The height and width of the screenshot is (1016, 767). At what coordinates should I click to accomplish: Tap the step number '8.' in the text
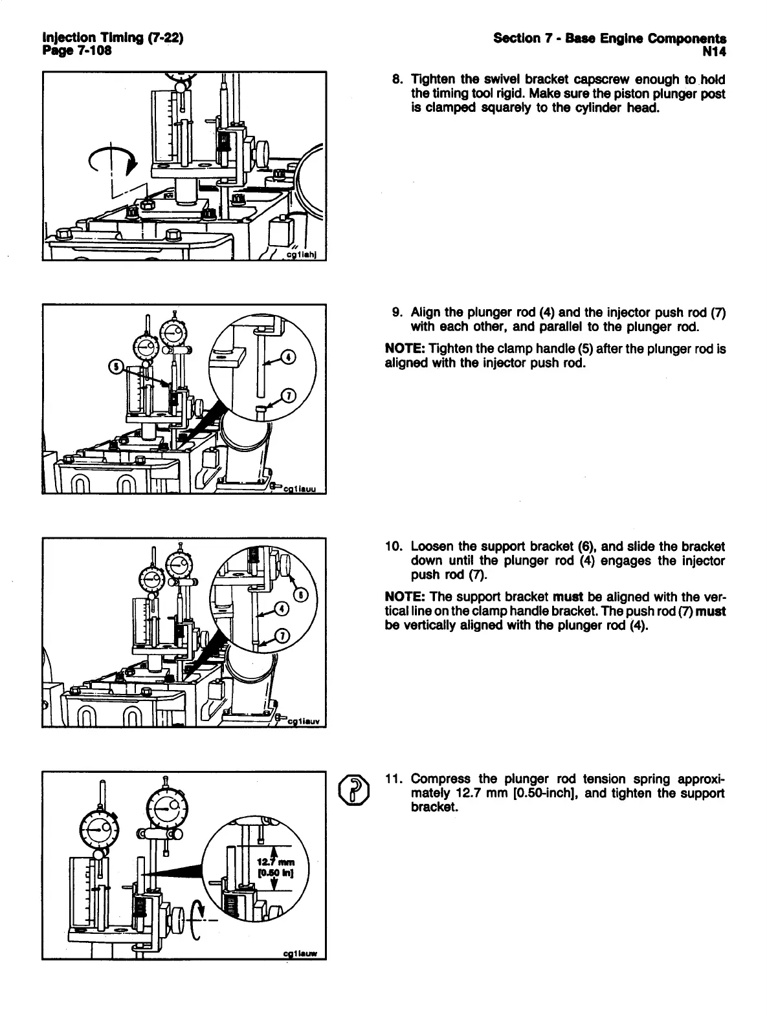point(399,80)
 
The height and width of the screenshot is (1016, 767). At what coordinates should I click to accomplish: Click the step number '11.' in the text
point(394,779)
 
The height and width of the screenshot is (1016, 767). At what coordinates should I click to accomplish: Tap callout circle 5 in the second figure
point(117,367)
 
